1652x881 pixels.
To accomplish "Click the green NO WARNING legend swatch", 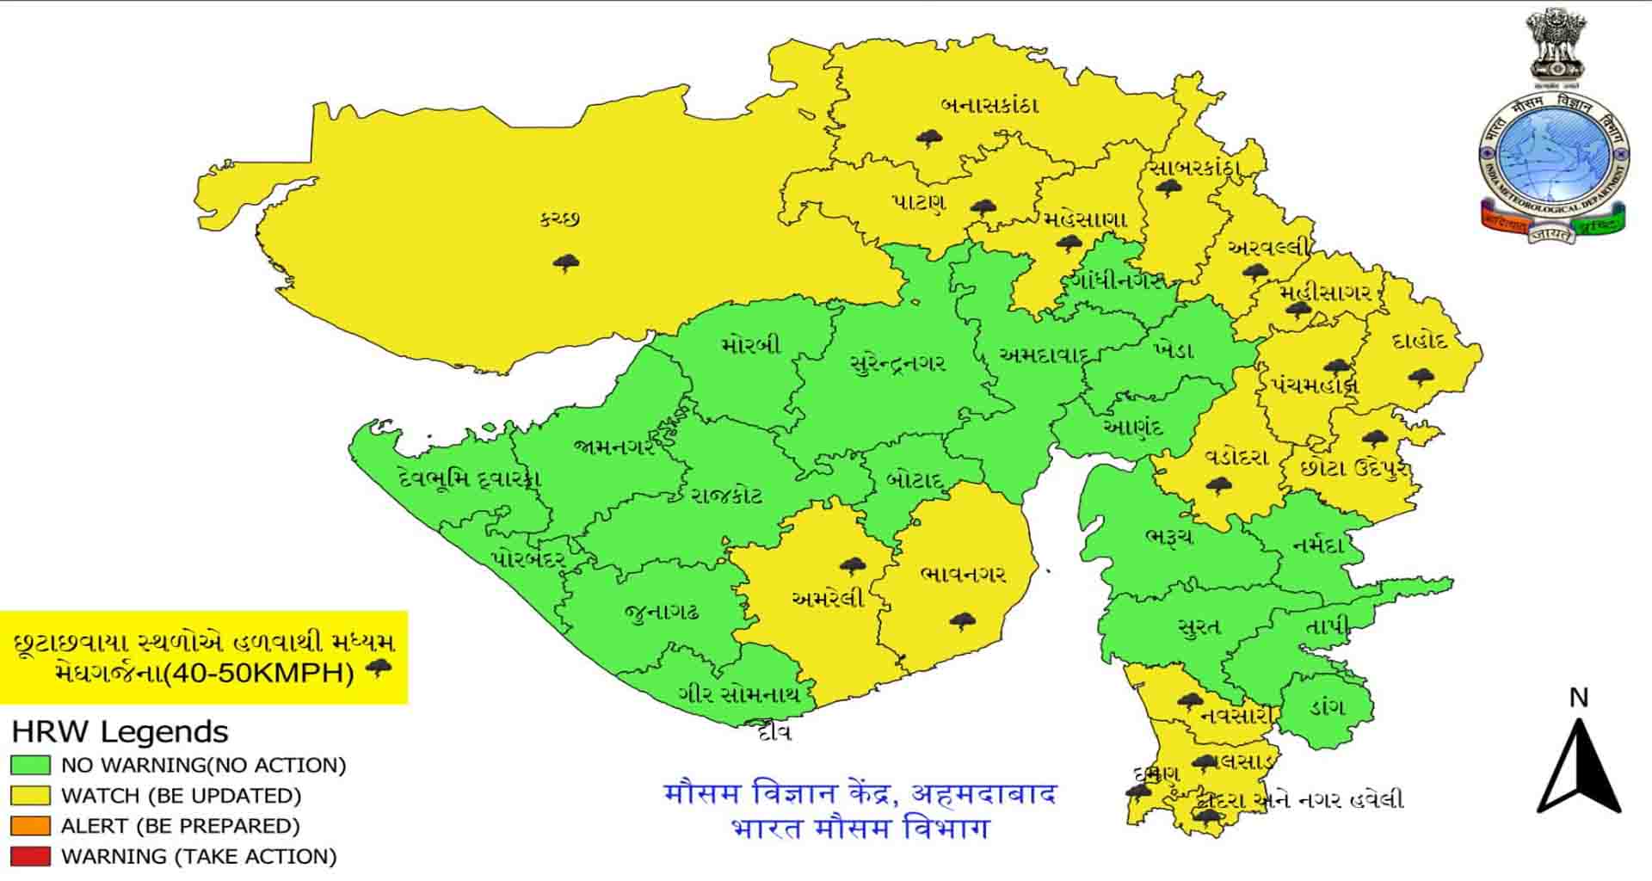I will (30, 765).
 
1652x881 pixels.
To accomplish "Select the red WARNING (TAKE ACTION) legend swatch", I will (30, 856).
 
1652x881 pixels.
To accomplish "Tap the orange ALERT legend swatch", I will (30, 826).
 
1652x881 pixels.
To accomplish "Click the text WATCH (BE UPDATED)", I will (181, 796).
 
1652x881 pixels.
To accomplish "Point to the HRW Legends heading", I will (120, 732).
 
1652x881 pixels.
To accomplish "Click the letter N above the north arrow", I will (1578, 698).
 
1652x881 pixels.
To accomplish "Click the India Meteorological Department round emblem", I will (1554, 155).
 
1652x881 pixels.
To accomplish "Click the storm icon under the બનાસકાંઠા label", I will (928, 138).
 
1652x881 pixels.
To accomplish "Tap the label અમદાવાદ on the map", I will (1044, 354).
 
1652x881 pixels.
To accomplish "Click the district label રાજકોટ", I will (727, 496).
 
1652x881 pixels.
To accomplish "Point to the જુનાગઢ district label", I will (662, 613).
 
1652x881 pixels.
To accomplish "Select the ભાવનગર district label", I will (963, 575).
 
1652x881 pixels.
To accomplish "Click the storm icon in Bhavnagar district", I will (962, 620).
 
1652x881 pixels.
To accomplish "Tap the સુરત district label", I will (1199, 627).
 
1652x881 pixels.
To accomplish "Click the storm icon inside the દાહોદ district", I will (1421, 377).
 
